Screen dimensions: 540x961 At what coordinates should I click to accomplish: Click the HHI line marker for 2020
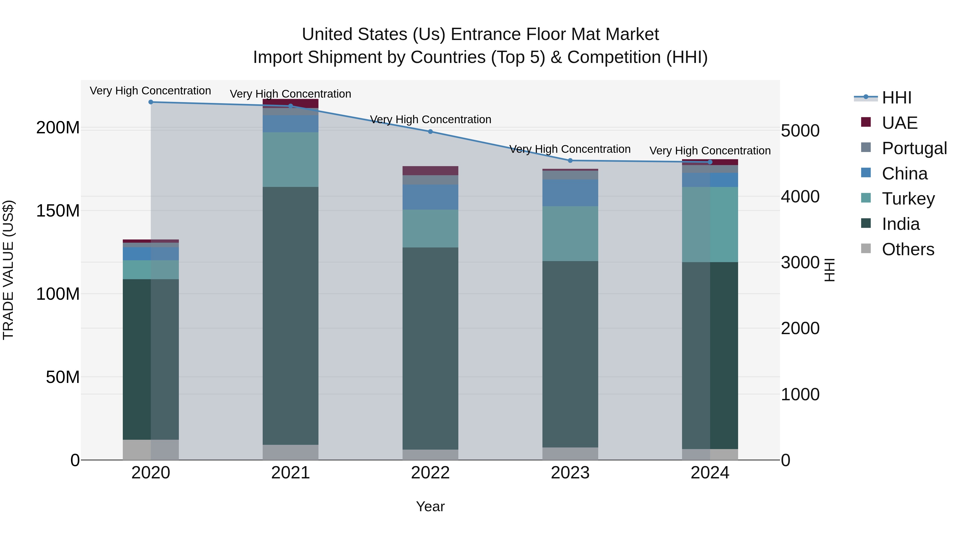151,102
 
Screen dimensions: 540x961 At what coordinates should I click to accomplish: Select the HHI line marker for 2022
430,131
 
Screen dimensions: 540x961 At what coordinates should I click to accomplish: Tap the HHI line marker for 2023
570,161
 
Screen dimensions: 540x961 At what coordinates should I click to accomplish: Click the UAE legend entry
899,123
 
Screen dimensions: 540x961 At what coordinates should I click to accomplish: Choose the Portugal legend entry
914,148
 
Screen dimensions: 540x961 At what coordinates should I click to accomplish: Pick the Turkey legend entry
908,199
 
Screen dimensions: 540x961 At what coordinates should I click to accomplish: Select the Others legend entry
908,249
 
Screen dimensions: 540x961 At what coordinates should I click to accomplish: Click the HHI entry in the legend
896,98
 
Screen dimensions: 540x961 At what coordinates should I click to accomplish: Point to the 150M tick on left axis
58,211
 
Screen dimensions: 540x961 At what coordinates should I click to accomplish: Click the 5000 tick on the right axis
800,131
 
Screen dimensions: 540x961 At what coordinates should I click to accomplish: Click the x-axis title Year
430,506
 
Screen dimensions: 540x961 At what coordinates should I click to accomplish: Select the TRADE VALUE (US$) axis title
8,270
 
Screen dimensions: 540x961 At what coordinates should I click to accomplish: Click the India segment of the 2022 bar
430,349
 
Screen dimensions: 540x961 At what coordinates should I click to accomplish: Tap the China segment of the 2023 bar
570,193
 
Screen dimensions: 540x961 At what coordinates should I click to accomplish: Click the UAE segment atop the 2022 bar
430,171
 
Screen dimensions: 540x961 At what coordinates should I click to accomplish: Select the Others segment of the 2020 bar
151,450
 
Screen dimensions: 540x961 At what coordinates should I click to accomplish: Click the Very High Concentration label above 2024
710,151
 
